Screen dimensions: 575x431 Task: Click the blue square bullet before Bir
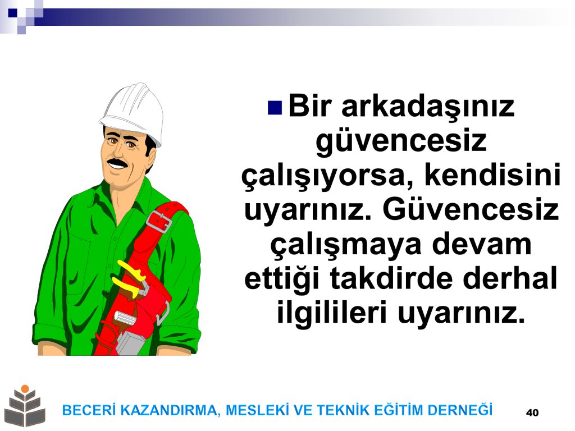pyautogui.click(x=275, y=108)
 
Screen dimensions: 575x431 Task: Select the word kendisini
pyautogui.click(x=492, y=175)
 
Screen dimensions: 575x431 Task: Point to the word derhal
pyautogui.click(x=510, y=278)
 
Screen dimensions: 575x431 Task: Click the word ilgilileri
pyautogui.click(x=332, y=313)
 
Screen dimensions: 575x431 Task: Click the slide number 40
pyautogui.click(x=532, y=412)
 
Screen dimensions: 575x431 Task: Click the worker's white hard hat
pyautogui.click(x=133, y=112)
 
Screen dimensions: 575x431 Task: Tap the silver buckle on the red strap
pyautogui.click(x=159, y=221)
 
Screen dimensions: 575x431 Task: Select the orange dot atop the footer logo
pyautogui.click(x=25, y=388)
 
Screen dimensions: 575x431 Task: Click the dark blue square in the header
pyautogui.click(x=12, y=12)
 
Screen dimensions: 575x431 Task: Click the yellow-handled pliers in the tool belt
pyautogui.click(x=131, y=278)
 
